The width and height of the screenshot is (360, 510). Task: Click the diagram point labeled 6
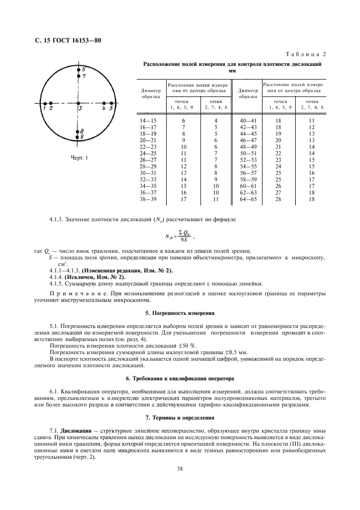(78, 70)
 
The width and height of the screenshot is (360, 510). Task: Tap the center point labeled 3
(78, 102)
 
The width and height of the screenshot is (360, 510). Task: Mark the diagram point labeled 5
(111, 102)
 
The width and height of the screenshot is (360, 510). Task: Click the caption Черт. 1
(80, 159)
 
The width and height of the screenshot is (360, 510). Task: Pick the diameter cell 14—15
(147, 120)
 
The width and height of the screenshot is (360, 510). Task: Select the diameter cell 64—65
(248, 199)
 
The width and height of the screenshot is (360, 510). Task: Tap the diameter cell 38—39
(147, 199)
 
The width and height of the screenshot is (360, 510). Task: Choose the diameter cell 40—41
(248, 120)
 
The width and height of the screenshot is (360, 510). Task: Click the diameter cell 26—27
(147, 160)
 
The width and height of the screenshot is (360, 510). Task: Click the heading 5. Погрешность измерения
(179, 313)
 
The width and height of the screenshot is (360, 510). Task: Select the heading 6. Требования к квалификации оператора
(179, 377)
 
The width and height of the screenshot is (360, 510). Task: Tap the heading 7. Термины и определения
(179, 417)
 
